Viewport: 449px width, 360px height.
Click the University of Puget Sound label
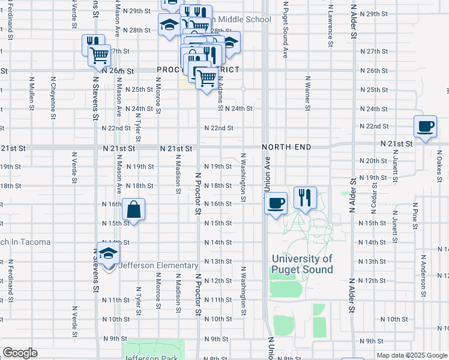[x=301, y=264]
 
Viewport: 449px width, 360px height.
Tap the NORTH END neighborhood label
[x=286, y=147]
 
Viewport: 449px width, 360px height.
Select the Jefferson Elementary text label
[x=158, y=265]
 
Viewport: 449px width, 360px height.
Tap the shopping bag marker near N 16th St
[x=134, y=210]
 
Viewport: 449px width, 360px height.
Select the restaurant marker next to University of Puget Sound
[x=305, y=197]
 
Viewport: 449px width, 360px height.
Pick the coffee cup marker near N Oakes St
[x=425, y=126]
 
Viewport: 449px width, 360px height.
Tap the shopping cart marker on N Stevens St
[x=100, y=55]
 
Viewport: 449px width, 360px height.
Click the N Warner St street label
[x=307, y=93]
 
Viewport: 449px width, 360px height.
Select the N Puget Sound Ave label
[x=285, y=29]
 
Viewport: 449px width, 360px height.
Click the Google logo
[x=20, y=353]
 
